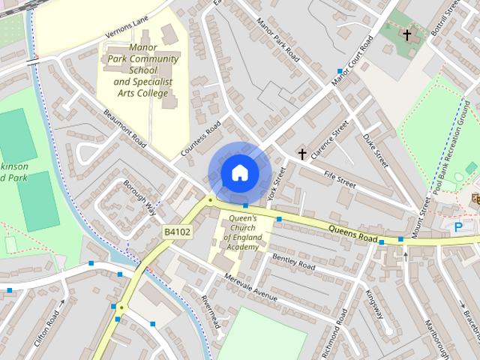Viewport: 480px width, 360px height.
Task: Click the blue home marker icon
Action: [x=239, y=172]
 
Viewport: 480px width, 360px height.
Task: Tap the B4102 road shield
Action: [x=178, y=232]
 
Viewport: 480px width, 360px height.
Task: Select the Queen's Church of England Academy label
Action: [x=241, y=232]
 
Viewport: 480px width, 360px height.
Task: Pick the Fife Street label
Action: [x=339, y=178]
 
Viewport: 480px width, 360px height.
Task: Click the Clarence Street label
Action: [x=330, y=140]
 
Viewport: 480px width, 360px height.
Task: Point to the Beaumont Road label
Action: [x=124, y=128]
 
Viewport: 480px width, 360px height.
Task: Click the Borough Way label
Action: [x=140, y=196]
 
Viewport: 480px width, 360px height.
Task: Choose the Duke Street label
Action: [x=374, y=149]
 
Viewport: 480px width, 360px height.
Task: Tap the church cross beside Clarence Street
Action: [x=302, y=154]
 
